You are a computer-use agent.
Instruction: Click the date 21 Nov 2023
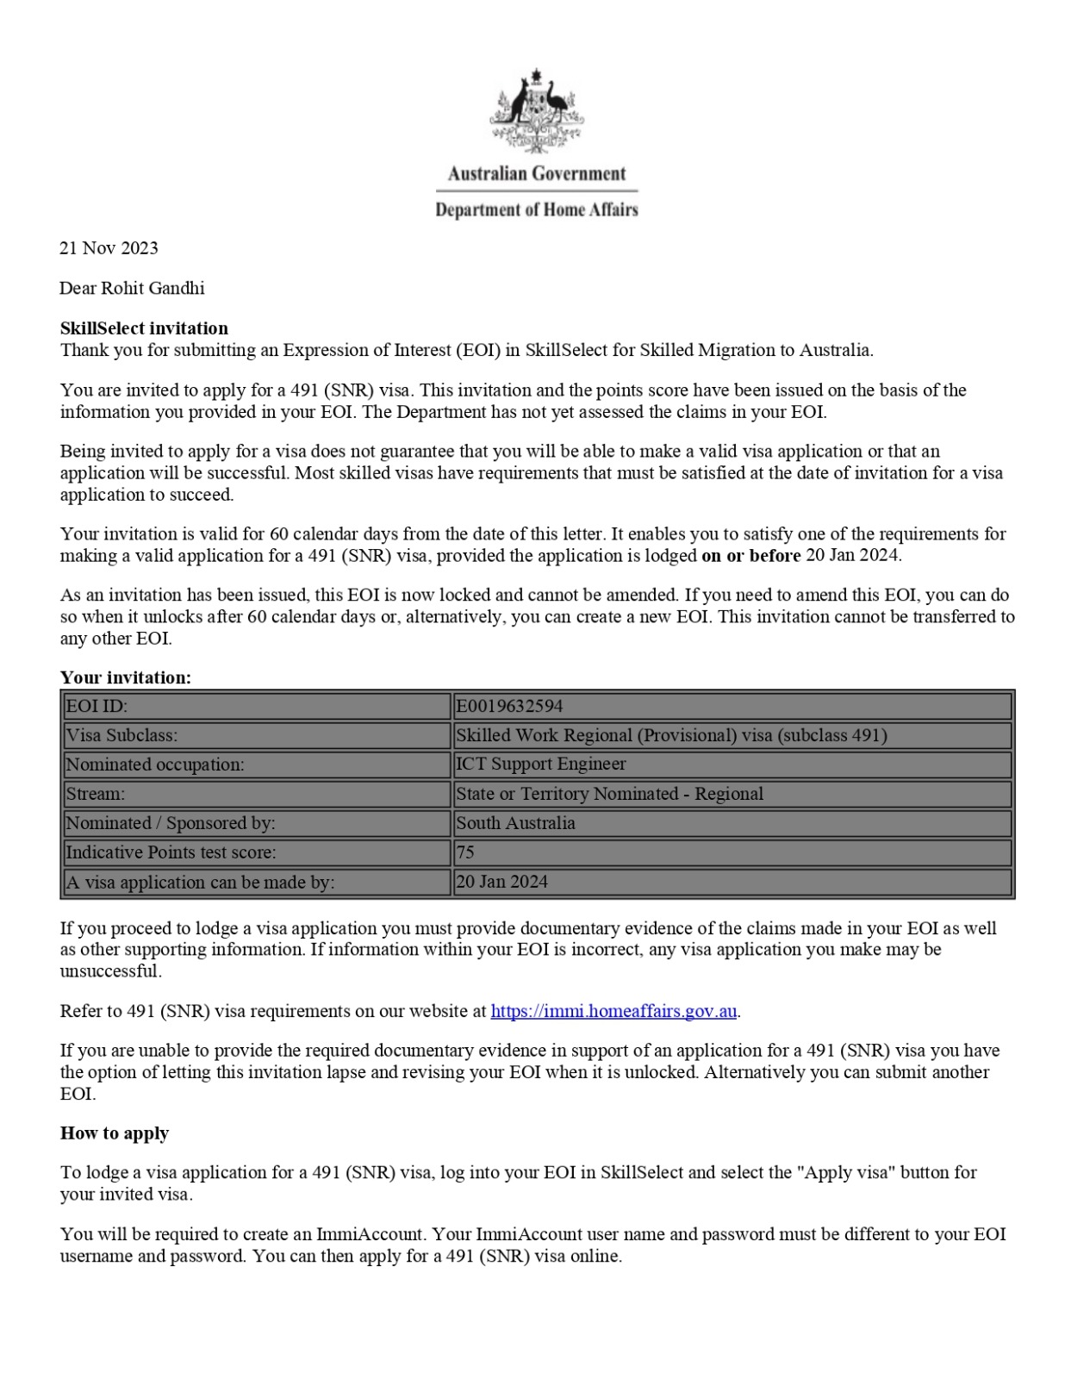109,248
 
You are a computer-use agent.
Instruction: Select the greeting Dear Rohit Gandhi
132,288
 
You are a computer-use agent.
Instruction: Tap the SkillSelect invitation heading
144,328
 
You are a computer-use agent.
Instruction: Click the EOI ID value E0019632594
509,707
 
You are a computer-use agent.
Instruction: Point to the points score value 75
465,852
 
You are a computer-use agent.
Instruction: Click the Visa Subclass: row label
121,736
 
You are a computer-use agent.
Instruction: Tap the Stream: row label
96,794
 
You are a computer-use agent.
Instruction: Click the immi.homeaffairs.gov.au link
613,1011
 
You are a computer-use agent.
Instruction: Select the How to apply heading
115,1133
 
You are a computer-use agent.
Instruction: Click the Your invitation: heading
126,677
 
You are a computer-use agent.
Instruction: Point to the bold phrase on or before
750,556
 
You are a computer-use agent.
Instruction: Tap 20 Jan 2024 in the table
501,882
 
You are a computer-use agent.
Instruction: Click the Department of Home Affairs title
536,209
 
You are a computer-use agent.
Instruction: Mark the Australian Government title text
536,173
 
